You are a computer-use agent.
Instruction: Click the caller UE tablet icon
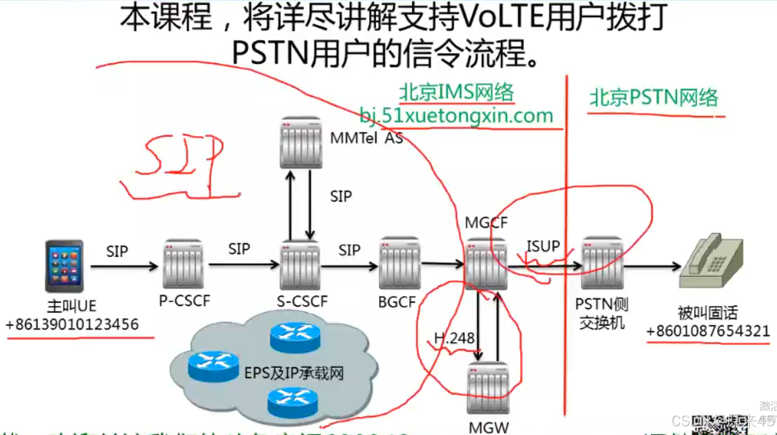pos(64,266)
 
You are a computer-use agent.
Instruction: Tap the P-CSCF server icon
pos(183,265)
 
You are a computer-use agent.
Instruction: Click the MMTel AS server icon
pos(300,142)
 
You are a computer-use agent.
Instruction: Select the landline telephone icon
pos(711,261)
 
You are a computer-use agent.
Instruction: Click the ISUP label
pos(543,247)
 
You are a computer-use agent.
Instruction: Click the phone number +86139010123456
pos(72,324)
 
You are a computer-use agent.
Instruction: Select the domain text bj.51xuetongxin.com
pos(456,116)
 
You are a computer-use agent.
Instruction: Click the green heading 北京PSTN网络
pos(653,98)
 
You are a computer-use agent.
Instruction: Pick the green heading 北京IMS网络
pos(456,92)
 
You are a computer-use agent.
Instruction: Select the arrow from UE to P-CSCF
pos(124,266)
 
